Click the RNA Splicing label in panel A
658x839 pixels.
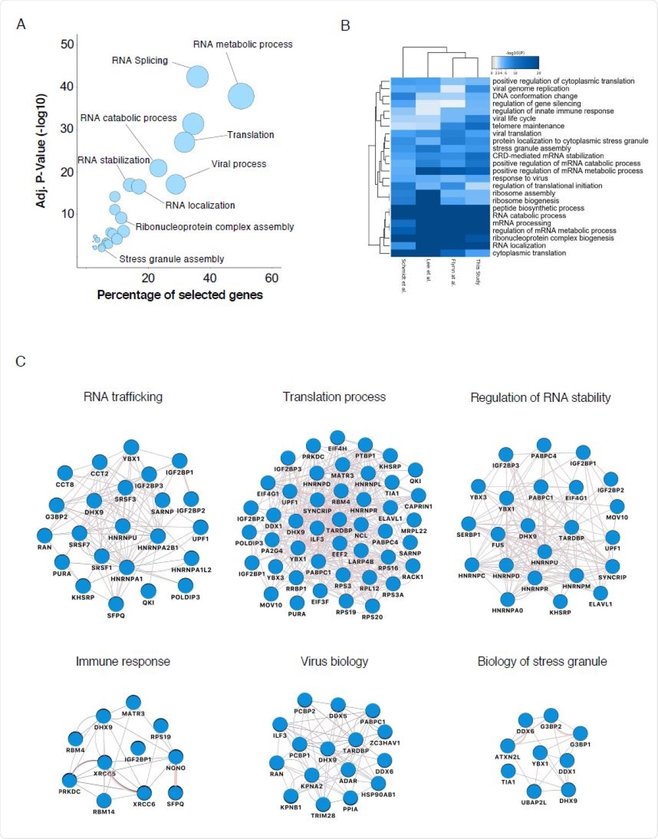click(140, 60)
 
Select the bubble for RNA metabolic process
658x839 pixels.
click(241, 97)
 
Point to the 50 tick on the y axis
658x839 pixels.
click(67, 44)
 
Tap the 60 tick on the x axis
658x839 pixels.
click(271, 278)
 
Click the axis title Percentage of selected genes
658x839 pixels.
click(180, 295)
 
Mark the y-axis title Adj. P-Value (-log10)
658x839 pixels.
click(41, 151)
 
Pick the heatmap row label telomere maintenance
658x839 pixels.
click(527, 126)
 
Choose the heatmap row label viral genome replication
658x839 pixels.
click(530, 88)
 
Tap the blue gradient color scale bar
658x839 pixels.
click(515, 63)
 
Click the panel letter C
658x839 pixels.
click(20, 361)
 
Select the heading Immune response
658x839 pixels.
click(123, 661)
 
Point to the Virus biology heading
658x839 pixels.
click(334, 661)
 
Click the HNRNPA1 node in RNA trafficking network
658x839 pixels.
click(127, 568)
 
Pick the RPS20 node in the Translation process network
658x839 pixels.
click(372, 606)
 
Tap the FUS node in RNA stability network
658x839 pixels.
click(498, 534)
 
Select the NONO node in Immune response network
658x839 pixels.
click(175, 757)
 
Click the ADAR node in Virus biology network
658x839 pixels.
click(348, 770)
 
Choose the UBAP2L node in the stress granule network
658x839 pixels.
click(534, 791)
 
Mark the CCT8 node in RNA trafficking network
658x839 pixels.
click(65, 473)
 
